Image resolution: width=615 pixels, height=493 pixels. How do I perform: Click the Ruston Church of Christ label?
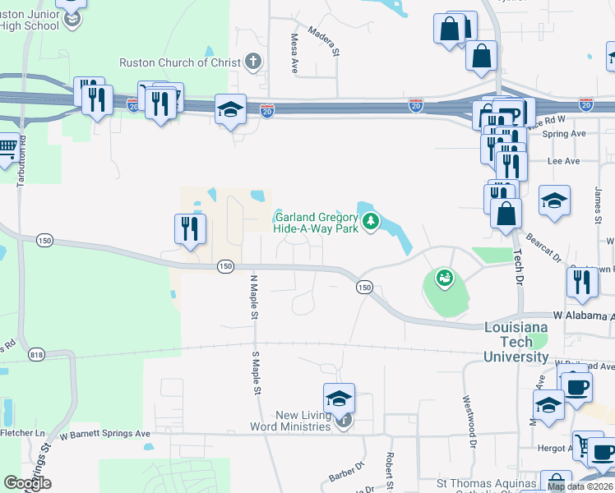click(180, 62)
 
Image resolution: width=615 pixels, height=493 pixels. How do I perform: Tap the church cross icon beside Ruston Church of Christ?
click(253, 62)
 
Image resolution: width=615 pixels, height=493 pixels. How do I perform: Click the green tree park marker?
click(372, 220)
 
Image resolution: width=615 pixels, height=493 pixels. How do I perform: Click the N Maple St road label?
click(254, 298)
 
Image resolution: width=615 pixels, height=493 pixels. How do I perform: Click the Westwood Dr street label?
click(473, 431)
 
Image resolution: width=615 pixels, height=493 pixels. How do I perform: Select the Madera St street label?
click(324, 42)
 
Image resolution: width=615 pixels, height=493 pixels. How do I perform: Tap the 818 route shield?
click(36, 354)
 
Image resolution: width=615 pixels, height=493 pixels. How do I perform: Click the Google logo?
click(27, 483)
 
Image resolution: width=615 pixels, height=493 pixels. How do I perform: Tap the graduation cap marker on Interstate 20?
click(231, 108)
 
